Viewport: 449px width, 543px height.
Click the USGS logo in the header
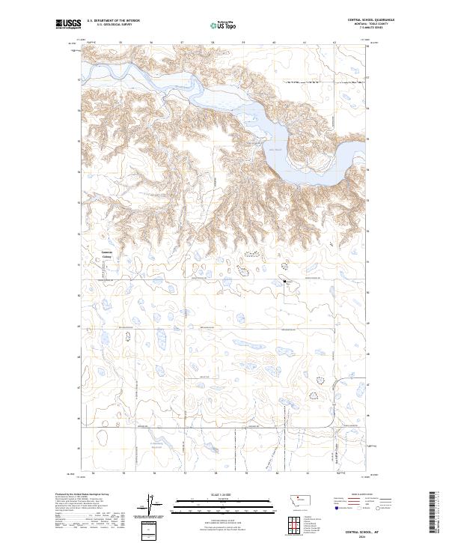pos(69,25)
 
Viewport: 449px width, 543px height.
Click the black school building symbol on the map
pos(285,281)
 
